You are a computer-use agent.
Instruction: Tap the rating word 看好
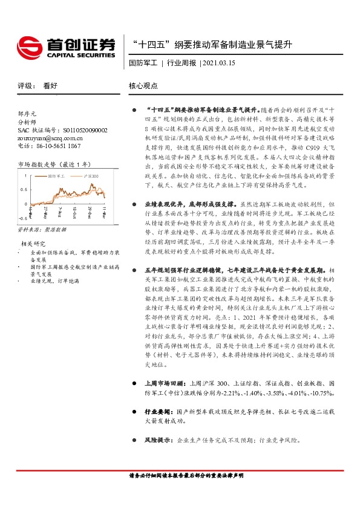tap(50, 86)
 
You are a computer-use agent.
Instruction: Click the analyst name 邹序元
tap(28, 113)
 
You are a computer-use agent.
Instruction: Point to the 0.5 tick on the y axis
tap(24, 190)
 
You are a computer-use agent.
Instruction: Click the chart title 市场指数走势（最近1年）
tap(56, 164)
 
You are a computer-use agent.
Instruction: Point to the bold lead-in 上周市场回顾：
tap(163, 400)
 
